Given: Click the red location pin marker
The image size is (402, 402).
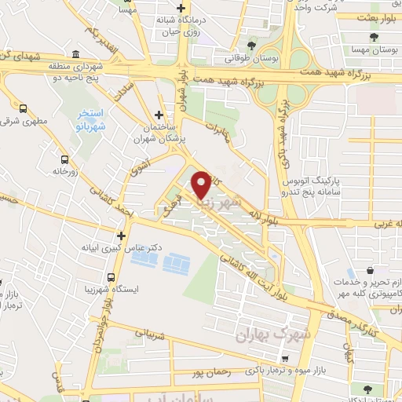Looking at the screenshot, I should click(x=201, y=184).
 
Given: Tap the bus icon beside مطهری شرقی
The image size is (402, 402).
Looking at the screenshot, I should click(x=23, y=109).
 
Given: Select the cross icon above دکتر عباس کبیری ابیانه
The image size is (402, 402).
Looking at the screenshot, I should click(x=121, y=235).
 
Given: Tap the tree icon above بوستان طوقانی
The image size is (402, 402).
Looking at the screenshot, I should click(x=250, y=46).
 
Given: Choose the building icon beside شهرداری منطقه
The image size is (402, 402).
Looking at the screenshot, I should click(x=75, y=54).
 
